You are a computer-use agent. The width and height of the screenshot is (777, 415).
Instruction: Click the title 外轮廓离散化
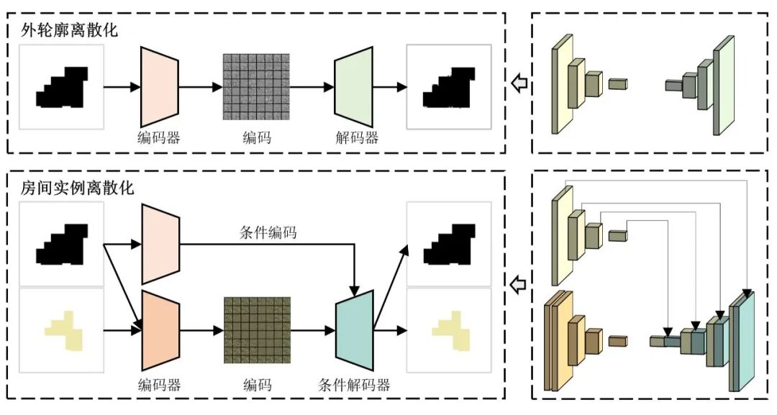70,29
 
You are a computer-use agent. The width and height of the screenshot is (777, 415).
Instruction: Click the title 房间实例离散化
77,188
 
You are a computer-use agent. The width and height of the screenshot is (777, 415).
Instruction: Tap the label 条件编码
268,232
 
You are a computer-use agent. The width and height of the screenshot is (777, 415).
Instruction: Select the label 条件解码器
354,384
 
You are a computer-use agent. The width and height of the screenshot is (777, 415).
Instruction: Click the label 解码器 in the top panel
357,137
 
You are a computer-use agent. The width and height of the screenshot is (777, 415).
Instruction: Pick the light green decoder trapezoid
353,87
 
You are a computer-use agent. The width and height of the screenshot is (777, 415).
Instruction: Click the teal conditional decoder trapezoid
354,330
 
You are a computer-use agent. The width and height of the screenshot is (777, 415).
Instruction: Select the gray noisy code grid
256,86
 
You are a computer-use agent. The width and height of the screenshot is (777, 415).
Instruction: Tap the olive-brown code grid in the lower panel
257,330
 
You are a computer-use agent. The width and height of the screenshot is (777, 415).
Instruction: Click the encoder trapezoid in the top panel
160,86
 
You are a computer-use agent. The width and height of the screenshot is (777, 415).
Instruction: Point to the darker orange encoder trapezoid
160,330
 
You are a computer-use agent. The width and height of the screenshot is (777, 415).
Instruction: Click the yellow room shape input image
62,330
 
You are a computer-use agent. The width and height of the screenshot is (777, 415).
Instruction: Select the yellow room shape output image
449,330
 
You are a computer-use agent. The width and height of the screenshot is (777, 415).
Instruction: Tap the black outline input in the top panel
62,87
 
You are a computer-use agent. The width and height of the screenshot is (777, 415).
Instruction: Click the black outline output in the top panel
449,87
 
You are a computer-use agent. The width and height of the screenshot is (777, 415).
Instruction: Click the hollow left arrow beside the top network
519,83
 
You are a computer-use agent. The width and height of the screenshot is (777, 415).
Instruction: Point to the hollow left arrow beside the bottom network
519,285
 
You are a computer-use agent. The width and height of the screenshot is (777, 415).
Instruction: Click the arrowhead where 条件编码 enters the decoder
354,291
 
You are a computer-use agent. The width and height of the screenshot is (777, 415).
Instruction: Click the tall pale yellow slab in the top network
563,84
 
